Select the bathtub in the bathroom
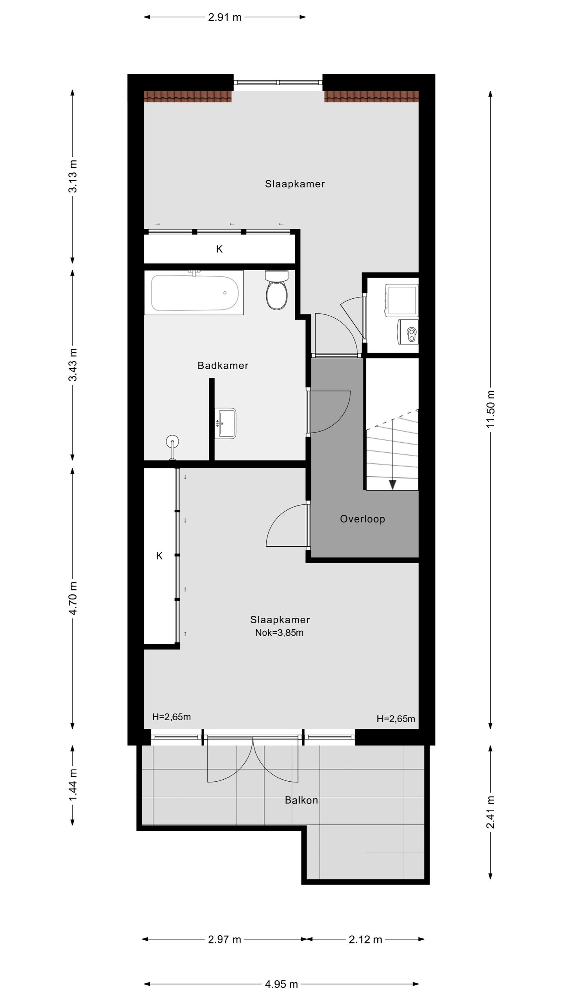tap(194, 293)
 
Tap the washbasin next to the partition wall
tap(226, 423)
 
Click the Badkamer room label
tap(223, 366)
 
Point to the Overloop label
tap(362, 519)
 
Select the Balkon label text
tap(301, 800)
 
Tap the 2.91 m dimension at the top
tap(224, 17)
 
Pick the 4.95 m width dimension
tap(281, 984)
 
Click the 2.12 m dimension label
tap(365, 940)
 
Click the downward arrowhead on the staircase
tap(393, 485)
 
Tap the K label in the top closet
tap(219, 249)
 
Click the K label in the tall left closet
tap(159, 556)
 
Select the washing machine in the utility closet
tap(402, 300)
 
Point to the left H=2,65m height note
tap(171, 717)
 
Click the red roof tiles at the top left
tap(188, 96)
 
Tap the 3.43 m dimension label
tap(73, 364)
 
